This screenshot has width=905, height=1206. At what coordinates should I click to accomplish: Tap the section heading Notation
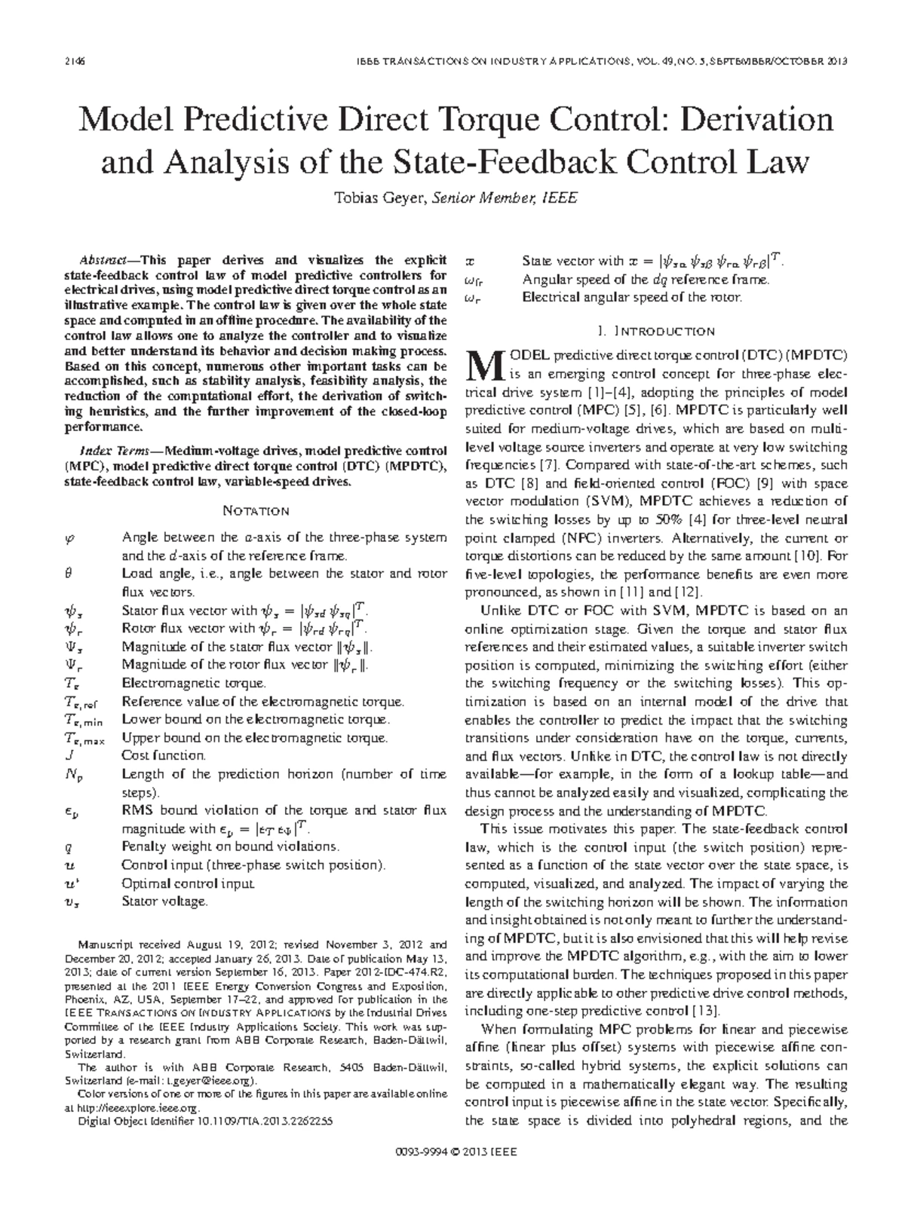[256, 511]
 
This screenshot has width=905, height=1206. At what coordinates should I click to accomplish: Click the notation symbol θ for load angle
[69, 574]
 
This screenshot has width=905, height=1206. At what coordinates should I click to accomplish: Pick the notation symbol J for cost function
[69, 755]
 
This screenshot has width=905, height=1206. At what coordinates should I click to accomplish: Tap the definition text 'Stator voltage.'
[164, 901]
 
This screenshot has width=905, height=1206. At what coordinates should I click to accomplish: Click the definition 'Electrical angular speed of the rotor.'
[632, 297]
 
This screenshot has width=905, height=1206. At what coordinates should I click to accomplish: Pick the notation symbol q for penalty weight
[69, 846]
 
